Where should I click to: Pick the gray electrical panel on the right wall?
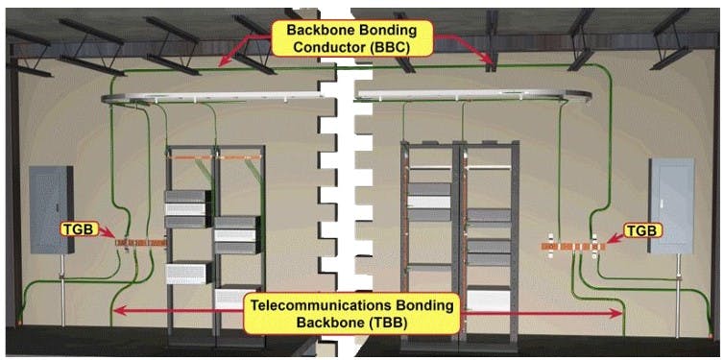671,205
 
